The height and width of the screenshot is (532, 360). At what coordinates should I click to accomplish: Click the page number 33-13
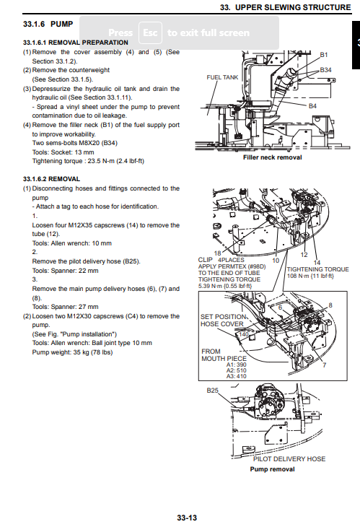click(x=187, y=518)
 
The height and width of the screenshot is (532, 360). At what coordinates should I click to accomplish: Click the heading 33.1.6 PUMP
click(x=48, y=24)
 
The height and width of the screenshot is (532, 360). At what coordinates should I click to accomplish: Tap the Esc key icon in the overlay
click(x=150, y=32)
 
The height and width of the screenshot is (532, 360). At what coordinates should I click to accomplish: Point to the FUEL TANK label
click(x=222, y=77)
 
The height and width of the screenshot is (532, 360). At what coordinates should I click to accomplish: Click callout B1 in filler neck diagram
click(x=324, y=55)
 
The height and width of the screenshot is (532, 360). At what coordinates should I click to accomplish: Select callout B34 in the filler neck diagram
click(x=325, y=70)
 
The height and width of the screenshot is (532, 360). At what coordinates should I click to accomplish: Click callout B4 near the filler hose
click(x=312, y=106)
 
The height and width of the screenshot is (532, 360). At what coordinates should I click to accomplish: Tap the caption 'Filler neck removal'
click(x=272, y=157)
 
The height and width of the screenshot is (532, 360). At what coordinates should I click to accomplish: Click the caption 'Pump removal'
click(x=272, y=469)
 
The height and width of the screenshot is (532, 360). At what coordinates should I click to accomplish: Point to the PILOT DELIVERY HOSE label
click(x=289, y=459)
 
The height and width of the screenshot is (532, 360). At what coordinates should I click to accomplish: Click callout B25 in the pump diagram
click(x=213, y=391)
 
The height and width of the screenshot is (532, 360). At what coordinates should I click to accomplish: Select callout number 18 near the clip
click(x=217, y=253)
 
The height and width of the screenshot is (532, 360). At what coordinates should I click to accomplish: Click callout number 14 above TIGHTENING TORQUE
click(x=317, y=263)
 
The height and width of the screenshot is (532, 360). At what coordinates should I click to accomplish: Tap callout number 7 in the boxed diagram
click(x=325, y=365)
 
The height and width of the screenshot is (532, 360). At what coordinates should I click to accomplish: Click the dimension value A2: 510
click(x=236, y=370)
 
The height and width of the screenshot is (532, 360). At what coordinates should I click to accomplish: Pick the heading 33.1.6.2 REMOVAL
click(x=51, y=179)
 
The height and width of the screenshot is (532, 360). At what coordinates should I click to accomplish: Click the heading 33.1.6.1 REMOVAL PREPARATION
click(x=76, y=43)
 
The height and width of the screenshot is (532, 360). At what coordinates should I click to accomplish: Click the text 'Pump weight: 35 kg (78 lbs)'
click(x=72, y=352)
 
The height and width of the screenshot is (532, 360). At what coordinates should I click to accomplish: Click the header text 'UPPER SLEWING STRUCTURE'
click(x=293, y=7)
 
